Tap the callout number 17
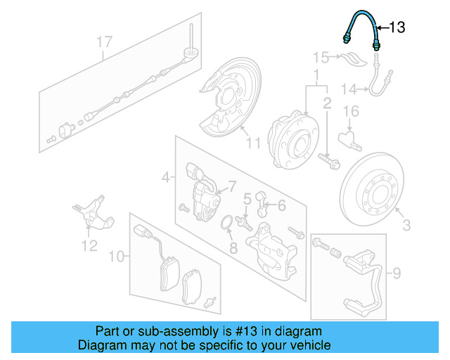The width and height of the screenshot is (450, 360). [104, 42]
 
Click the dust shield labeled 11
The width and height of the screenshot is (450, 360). [226, 102]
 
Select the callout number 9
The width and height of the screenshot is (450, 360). [396, 271]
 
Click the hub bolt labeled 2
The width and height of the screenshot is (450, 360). [330, 162]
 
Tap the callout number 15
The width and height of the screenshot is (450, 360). [321, 57]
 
